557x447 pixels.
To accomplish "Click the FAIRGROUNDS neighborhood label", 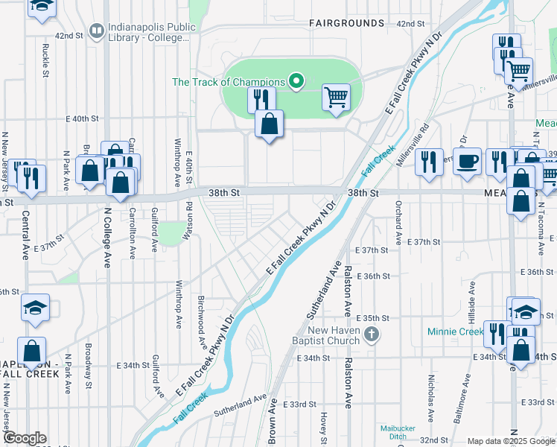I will (x=347, y=23).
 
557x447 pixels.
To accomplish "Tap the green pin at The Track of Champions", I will (x=296, y=81).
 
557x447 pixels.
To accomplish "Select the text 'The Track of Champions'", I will (x=229, y=82).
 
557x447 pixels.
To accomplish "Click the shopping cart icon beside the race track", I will (x=336, y=97).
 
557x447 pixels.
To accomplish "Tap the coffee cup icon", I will (x=467, y=162).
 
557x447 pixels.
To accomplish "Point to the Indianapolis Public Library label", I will (x=152, y=33).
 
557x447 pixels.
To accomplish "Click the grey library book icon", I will (x=96, y=32).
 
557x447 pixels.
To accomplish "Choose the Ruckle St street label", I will (x=45, y=60).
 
